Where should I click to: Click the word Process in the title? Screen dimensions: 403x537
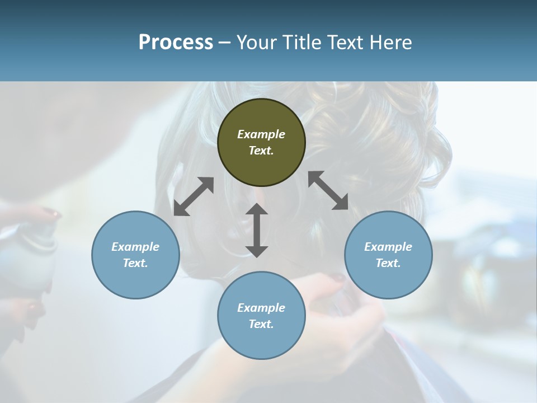tap(176, 42)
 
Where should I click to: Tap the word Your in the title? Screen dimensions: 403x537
tap(258, 42)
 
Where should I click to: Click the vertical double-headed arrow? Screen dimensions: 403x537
tap(257, 230)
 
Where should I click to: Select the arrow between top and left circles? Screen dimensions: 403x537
tap(194, 196)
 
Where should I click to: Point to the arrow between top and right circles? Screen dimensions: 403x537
tap(328, 190)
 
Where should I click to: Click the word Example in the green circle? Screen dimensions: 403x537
tap(261, 134)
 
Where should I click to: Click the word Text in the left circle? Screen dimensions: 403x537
tap(135, 263)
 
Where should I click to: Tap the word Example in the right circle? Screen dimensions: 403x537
tap(388, 247)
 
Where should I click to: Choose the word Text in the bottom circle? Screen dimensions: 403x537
tap(261, 324)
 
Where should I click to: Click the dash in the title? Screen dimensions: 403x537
tap(224, 43)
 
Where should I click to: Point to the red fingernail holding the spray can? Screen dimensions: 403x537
tap(53, 213)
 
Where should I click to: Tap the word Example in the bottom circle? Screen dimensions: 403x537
tap(261, 308)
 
